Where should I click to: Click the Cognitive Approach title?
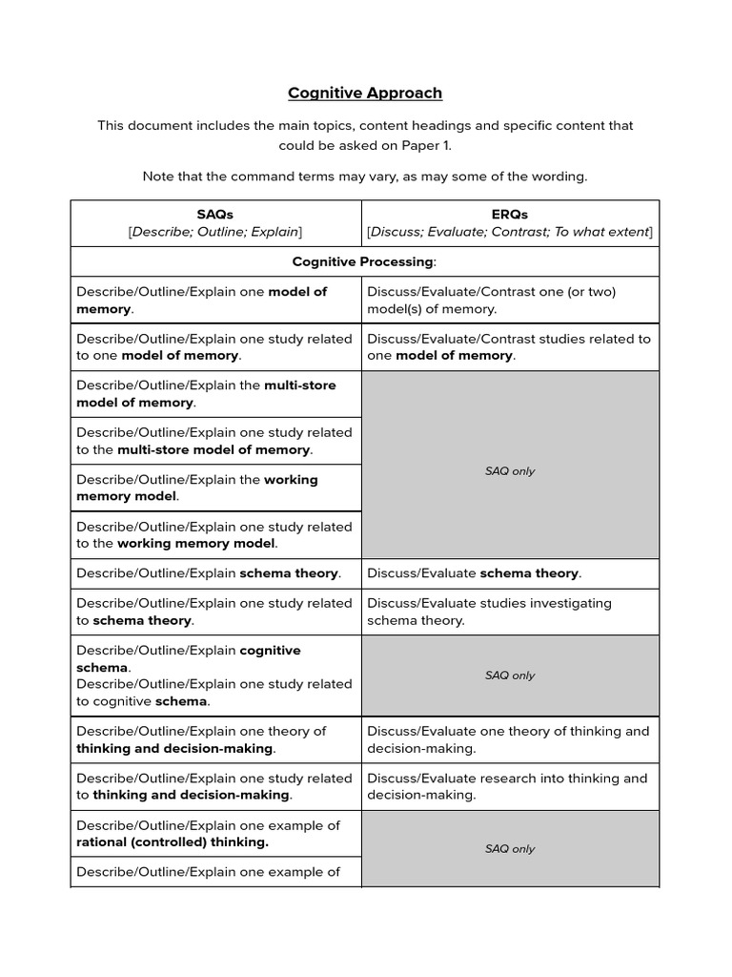pyautogui.click(x=365, y=93)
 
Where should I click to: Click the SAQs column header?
pyautogui.click(x=216, y=215)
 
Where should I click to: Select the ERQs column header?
pyautogui.click(x=509, y=215)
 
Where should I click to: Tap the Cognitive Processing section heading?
pyautogui.click(x=365, y=261)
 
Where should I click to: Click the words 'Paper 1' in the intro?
pyautogui.click(x=423, y=145)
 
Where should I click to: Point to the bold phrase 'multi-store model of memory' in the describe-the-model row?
pyautogui.click(x=205, y=393)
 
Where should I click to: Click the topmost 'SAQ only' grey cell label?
pyautogui.click(x=510, y=471)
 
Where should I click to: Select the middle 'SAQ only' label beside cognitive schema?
pyautogui.click(x=510, y=676)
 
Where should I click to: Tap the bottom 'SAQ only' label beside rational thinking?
pyautogui.click(x=510, y=849)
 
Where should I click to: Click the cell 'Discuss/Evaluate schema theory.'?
pyautogui.click(x=474, y=573)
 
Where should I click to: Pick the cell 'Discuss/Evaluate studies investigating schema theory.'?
pyautogui.click(x=489, y=612)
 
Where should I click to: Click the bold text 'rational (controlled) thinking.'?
pyautogui.click(x=173, y=842)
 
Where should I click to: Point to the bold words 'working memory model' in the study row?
pyautogui.click(x=196, y=544)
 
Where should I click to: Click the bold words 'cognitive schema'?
pyautogui.click(x=188, y=659)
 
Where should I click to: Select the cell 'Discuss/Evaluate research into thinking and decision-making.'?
pyautogui.click(x=507, y=786)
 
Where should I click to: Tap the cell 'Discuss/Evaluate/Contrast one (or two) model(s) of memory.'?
pyautogui.click(x=491, y=301)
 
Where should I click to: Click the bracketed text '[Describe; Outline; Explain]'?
pyautogui.click(x=215, y=232)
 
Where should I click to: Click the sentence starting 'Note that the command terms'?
pyautogui.click(x=365, y=177)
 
